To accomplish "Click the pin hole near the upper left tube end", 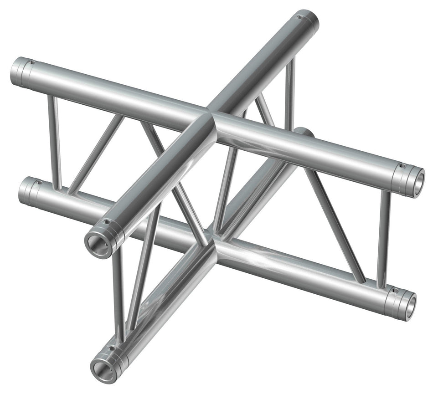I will pyautogui.click(x=31, y=62).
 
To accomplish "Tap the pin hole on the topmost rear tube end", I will pyautogui.click(x=299, y=18).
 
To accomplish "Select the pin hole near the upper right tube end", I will pyautogui.click(x=403, y=166).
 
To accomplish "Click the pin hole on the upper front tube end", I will pyautogui.click(x=108, y=223).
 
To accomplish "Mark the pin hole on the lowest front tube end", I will pyautogui.click(x=110, y=348).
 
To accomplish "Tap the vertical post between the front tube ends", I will pyautogui.click(x=118, y=292).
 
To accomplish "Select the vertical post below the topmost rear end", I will pyautogui.click(x=290, y=91).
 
